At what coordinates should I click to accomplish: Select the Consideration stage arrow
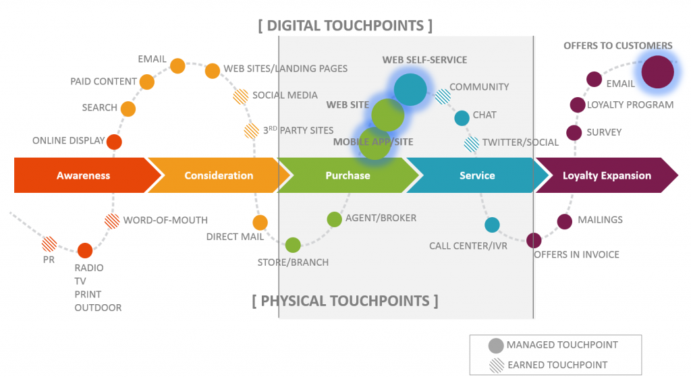[x=218, y=175]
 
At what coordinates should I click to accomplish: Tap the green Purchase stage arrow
[x=348, y=175]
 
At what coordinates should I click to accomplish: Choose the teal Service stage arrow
[x=477, y=175]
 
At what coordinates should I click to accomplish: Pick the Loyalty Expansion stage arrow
[x=606, y=175]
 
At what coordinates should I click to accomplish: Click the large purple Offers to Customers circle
[x=657, y=71]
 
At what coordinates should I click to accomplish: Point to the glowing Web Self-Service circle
[x=410, y=89]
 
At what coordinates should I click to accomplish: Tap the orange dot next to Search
[x=128, y=109]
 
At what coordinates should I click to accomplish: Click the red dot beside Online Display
[x=114, y=142]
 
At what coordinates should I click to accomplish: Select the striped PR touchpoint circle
[x=49, y=243]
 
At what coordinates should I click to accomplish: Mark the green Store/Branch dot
[x=293, y=245]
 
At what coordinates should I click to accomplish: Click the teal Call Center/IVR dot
[x=492, y=225]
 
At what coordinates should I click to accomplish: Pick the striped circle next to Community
[x=442, y=96]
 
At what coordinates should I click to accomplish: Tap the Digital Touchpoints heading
[x=345, y=26]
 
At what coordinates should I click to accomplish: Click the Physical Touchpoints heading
[x=345, y=301]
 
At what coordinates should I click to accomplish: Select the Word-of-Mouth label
[x=165, y=220]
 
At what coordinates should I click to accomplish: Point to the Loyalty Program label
[x=630, y=105]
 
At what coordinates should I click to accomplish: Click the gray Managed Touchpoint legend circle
[x=496, y=345]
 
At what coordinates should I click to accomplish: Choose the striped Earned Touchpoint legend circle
[x=496, y=365]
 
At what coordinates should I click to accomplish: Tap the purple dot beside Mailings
[x=565, y=221]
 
